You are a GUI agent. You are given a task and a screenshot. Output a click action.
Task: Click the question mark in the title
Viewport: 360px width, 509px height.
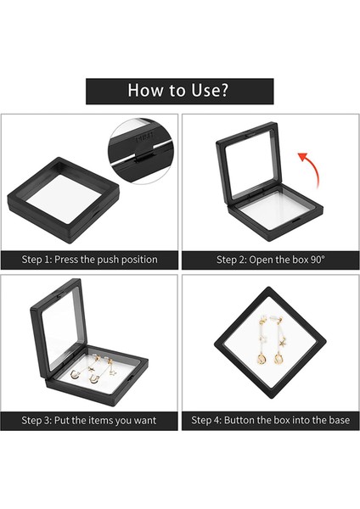[223, 91]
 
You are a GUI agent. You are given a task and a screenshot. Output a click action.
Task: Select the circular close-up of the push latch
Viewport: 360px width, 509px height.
[141, 151]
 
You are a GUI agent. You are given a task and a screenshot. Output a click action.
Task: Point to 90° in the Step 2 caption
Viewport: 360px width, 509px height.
[317, 260]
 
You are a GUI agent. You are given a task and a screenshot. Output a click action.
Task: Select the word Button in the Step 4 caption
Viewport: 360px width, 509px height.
[239, 420]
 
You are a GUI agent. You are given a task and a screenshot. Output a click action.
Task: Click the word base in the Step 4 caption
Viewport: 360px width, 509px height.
[339, 421]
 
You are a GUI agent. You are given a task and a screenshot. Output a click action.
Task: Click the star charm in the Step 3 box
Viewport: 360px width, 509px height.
[113, 372]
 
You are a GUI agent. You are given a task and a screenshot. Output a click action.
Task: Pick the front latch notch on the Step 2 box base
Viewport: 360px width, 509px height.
[297, 221]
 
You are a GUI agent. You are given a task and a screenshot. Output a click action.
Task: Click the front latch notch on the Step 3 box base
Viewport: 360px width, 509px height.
[131, 379]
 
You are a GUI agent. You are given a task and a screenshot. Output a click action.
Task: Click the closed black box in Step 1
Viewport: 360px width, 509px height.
[64, 200]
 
